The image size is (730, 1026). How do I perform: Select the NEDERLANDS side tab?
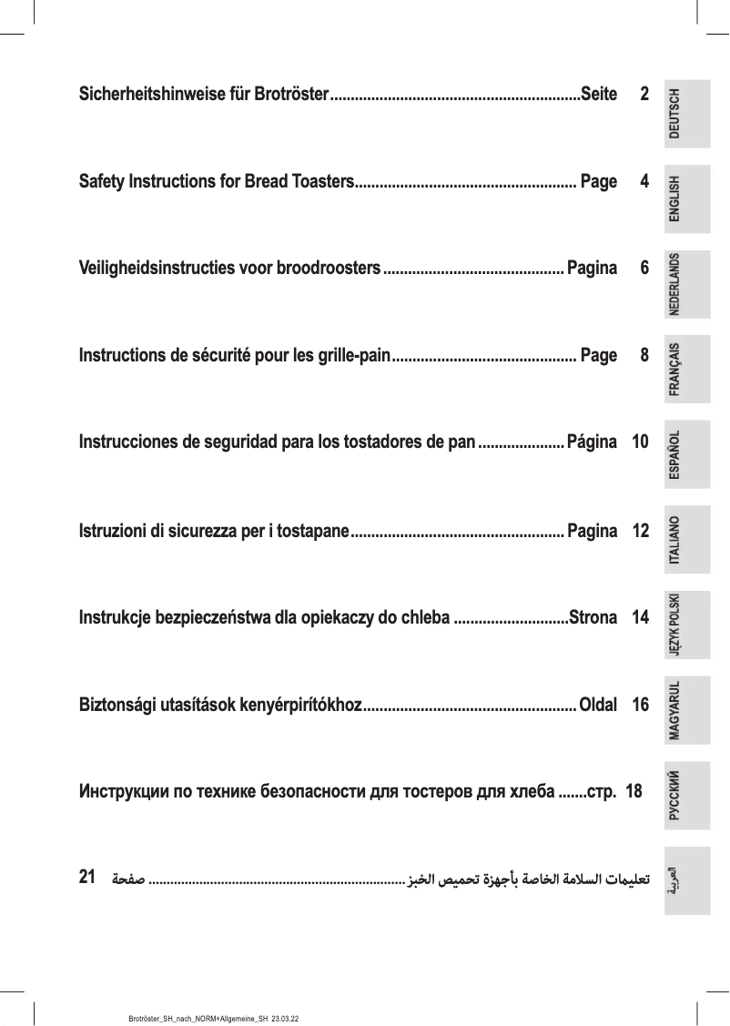pyautogui.click(x=686, y=283)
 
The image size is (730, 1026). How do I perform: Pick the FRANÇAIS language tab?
pyautogui.click(x=686, y=370)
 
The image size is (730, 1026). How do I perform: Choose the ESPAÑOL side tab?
pyautogui.click(x=686, y=455)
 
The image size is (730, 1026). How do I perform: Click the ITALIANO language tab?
pyautogui.click(x=686, y=541)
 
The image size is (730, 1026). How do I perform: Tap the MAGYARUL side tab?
pyautogui.click(x=686, y=711)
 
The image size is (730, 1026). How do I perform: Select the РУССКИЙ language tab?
pyautogui.click(x=686, y=796)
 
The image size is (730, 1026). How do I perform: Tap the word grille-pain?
pyautogui.click(x=351, y=355)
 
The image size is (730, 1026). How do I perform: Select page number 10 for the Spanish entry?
pyautogui.click(x=640, y=442)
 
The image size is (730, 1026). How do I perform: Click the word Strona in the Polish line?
pyautogui.click(x=593, y=618)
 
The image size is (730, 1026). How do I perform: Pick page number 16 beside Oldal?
pyautogui.click(x=640, y=705)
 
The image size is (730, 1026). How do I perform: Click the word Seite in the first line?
pyautogui.click(x=598, y=94)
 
